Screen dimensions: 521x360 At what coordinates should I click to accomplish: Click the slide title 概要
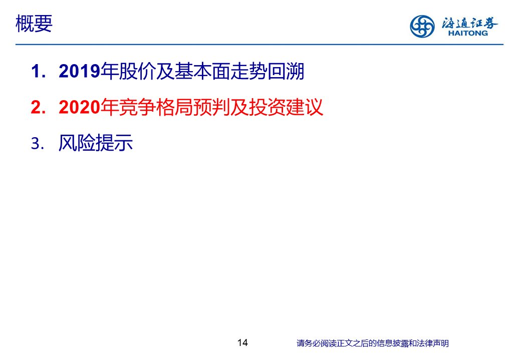click(x=34, y=24)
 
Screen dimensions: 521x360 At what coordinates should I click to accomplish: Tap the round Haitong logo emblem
click(x=422, y=26)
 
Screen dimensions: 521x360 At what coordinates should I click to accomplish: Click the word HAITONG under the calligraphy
click(x=468, y=33)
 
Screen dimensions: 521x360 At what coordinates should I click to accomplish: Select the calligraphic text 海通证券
click(x=469, y=23)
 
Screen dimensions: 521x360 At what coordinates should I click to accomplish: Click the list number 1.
click(x=38, y=71)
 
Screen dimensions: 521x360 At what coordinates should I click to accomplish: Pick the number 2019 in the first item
click(x=80, y=71)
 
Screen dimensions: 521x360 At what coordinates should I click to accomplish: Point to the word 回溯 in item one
click(x=286, y=71)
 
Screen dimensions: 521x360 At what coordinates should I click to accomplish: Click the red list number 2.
click(x=38, y=107)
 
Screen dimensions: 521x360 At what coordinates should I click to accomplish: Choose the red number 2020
click(x=80, y=107)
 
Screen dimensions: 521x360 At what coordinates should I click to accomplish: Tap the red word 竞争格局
click(x=156, y=107)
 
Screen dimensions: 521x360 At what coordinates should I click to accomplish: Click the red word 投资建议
click(x=286, y=107)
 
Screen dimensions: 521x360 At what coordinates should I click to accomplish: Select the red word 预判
click(x=211, y=107)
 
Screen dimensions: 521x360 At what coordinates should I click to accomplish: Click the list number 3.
click(x=37, y=144)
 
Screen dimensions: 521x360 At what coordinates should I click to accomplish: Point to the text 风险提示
click(x=96, y=143)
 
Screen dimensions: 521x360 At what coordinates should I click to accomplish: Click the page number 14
click(x=242, y=342)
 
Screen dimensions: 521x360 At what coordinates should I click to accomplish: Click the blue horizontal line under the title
click(x=259, y=44)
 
